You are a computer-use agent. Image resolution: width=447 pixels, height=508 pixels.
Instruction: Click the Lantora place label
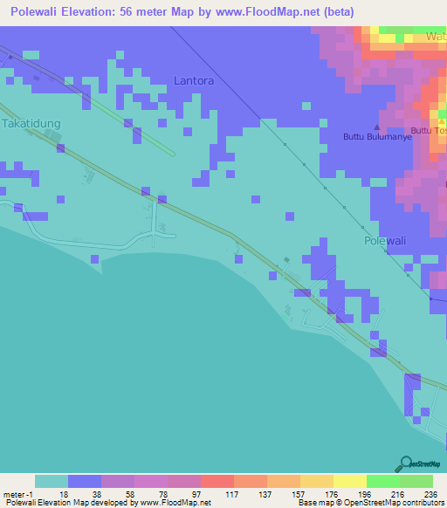194,80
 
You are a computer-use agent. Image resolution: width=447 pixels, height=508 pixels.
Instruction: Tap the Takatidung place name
31,124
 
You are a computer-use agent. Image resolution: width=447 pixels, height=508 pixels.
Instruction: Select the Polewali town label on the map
386,239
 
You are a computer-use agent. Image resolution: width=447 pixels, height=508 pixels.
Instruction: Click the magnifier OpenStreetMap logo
404,463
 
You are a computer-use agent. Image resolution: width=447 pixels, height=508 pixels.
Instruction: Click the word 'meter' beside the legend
14,493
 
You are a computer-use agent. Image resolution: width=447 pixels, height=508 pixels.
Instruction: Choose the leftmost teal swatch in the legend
51,481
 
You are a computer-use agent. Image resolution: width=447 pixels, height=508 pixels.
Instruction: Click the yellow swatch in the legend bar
349,481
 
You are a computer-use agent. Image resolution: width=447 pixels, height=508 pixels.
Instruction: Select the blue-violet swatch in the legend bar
85,481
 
